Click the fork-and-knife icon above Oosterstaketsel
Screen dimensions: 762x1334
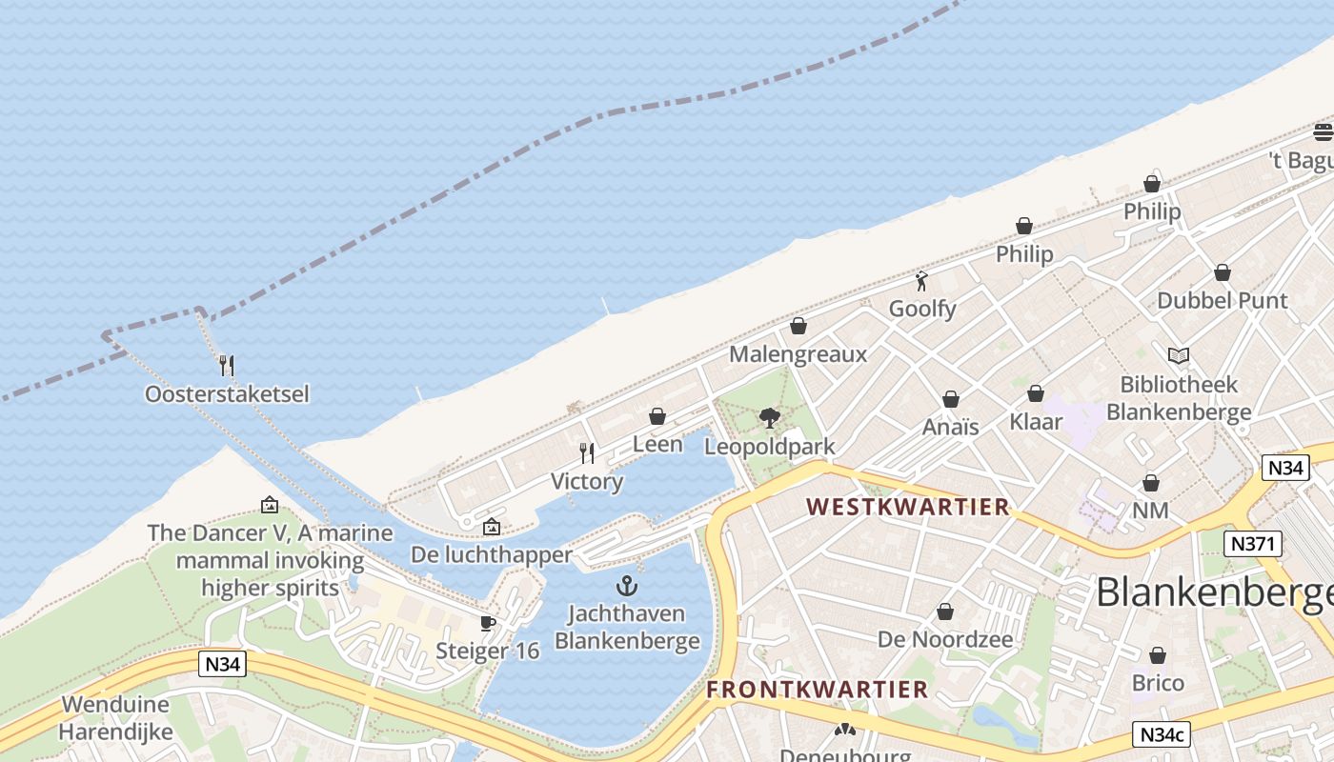[227, 365]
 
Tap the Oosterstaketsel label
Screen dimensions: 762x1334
[227, 393]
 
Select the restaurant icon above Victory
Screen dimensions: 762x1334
[587, 453]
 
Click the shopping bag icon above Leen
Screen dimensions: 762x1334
[657, 416]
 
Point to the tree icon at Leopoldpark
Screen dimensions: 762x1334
[769, 417]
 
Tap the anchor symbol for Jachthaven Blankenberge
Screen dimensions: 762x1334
[627, 585]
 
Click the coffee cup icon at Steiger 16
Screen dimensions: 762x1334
[488, 623]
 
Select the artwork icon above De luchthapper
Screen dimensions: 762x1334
[491, 526]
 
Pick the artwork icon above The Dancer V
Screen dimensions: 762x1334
[270, 505]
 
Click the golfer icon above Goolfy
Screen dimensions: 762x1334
[921, 281]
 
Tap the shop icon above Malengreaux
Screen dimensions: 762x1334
[798, 326]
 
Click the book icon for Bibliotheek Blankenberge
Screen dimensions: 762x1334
[1179, 355]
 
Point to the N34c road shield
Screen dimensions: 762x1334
[1162, 734]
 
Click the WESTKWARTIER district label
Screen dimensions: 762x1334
[907, 507]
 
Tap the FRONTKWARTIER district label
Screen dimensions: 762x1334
[817, 690]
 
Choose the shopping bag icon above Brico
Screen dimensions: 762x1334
[1158, 655]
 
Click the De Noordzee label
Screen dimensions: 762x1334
[944, 639]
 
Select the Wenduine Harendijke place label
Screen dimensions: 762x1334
[115, 718]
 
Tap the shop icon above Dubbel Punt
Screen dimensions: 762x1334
[1222, 272]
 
